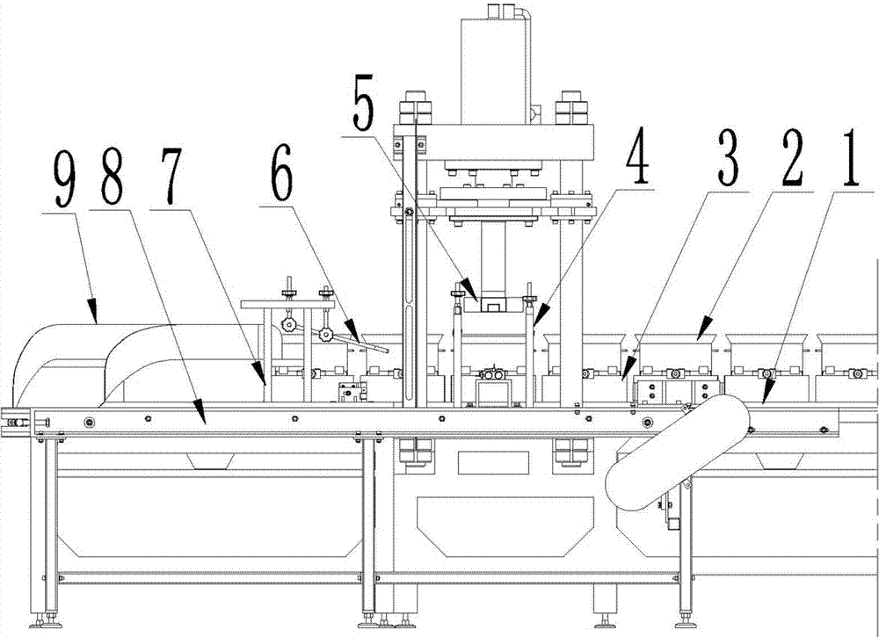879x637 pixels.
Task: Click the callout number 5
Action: [x=363, y=110]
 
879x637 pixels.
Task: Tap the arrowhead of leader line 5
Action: [x=477, y=302]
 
